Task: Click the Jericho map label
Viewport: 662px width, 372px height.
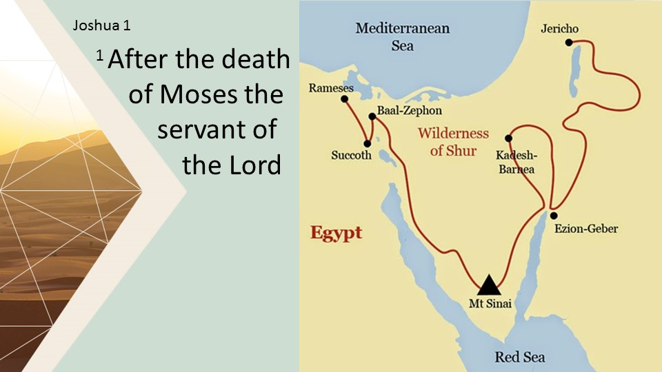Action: pos(560,29)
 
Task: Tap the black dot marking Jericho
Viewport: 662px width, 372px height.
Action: pos(569,43)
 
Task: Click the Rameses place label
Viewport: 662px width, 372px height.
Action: pos(331,88)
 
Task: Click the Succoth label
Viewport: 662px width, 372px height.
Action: pos(351,156)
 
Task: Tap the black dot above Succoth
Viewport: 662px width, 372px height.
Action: pos(367,144)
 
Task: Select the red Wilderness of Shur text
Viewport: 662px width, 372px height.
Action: pos(453,142)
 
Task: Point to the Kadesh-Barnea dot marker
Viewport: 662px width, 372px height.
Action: pos(509,138)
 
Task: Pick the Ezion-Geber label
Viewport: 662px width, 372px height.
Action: pos(586,229)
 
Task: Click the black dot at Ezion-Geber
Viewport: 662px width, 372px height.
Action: pos(554,216)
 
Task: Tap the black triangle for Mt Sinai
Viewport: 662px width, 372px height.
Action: pos(488,285)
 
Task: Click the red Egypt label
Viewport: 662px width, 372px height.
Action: pos(336,232)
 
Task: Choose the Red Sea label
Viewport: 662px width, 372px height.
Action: pos(520,357)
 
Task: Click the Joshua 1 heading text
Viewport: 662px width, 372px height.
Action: pos(101,27)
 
